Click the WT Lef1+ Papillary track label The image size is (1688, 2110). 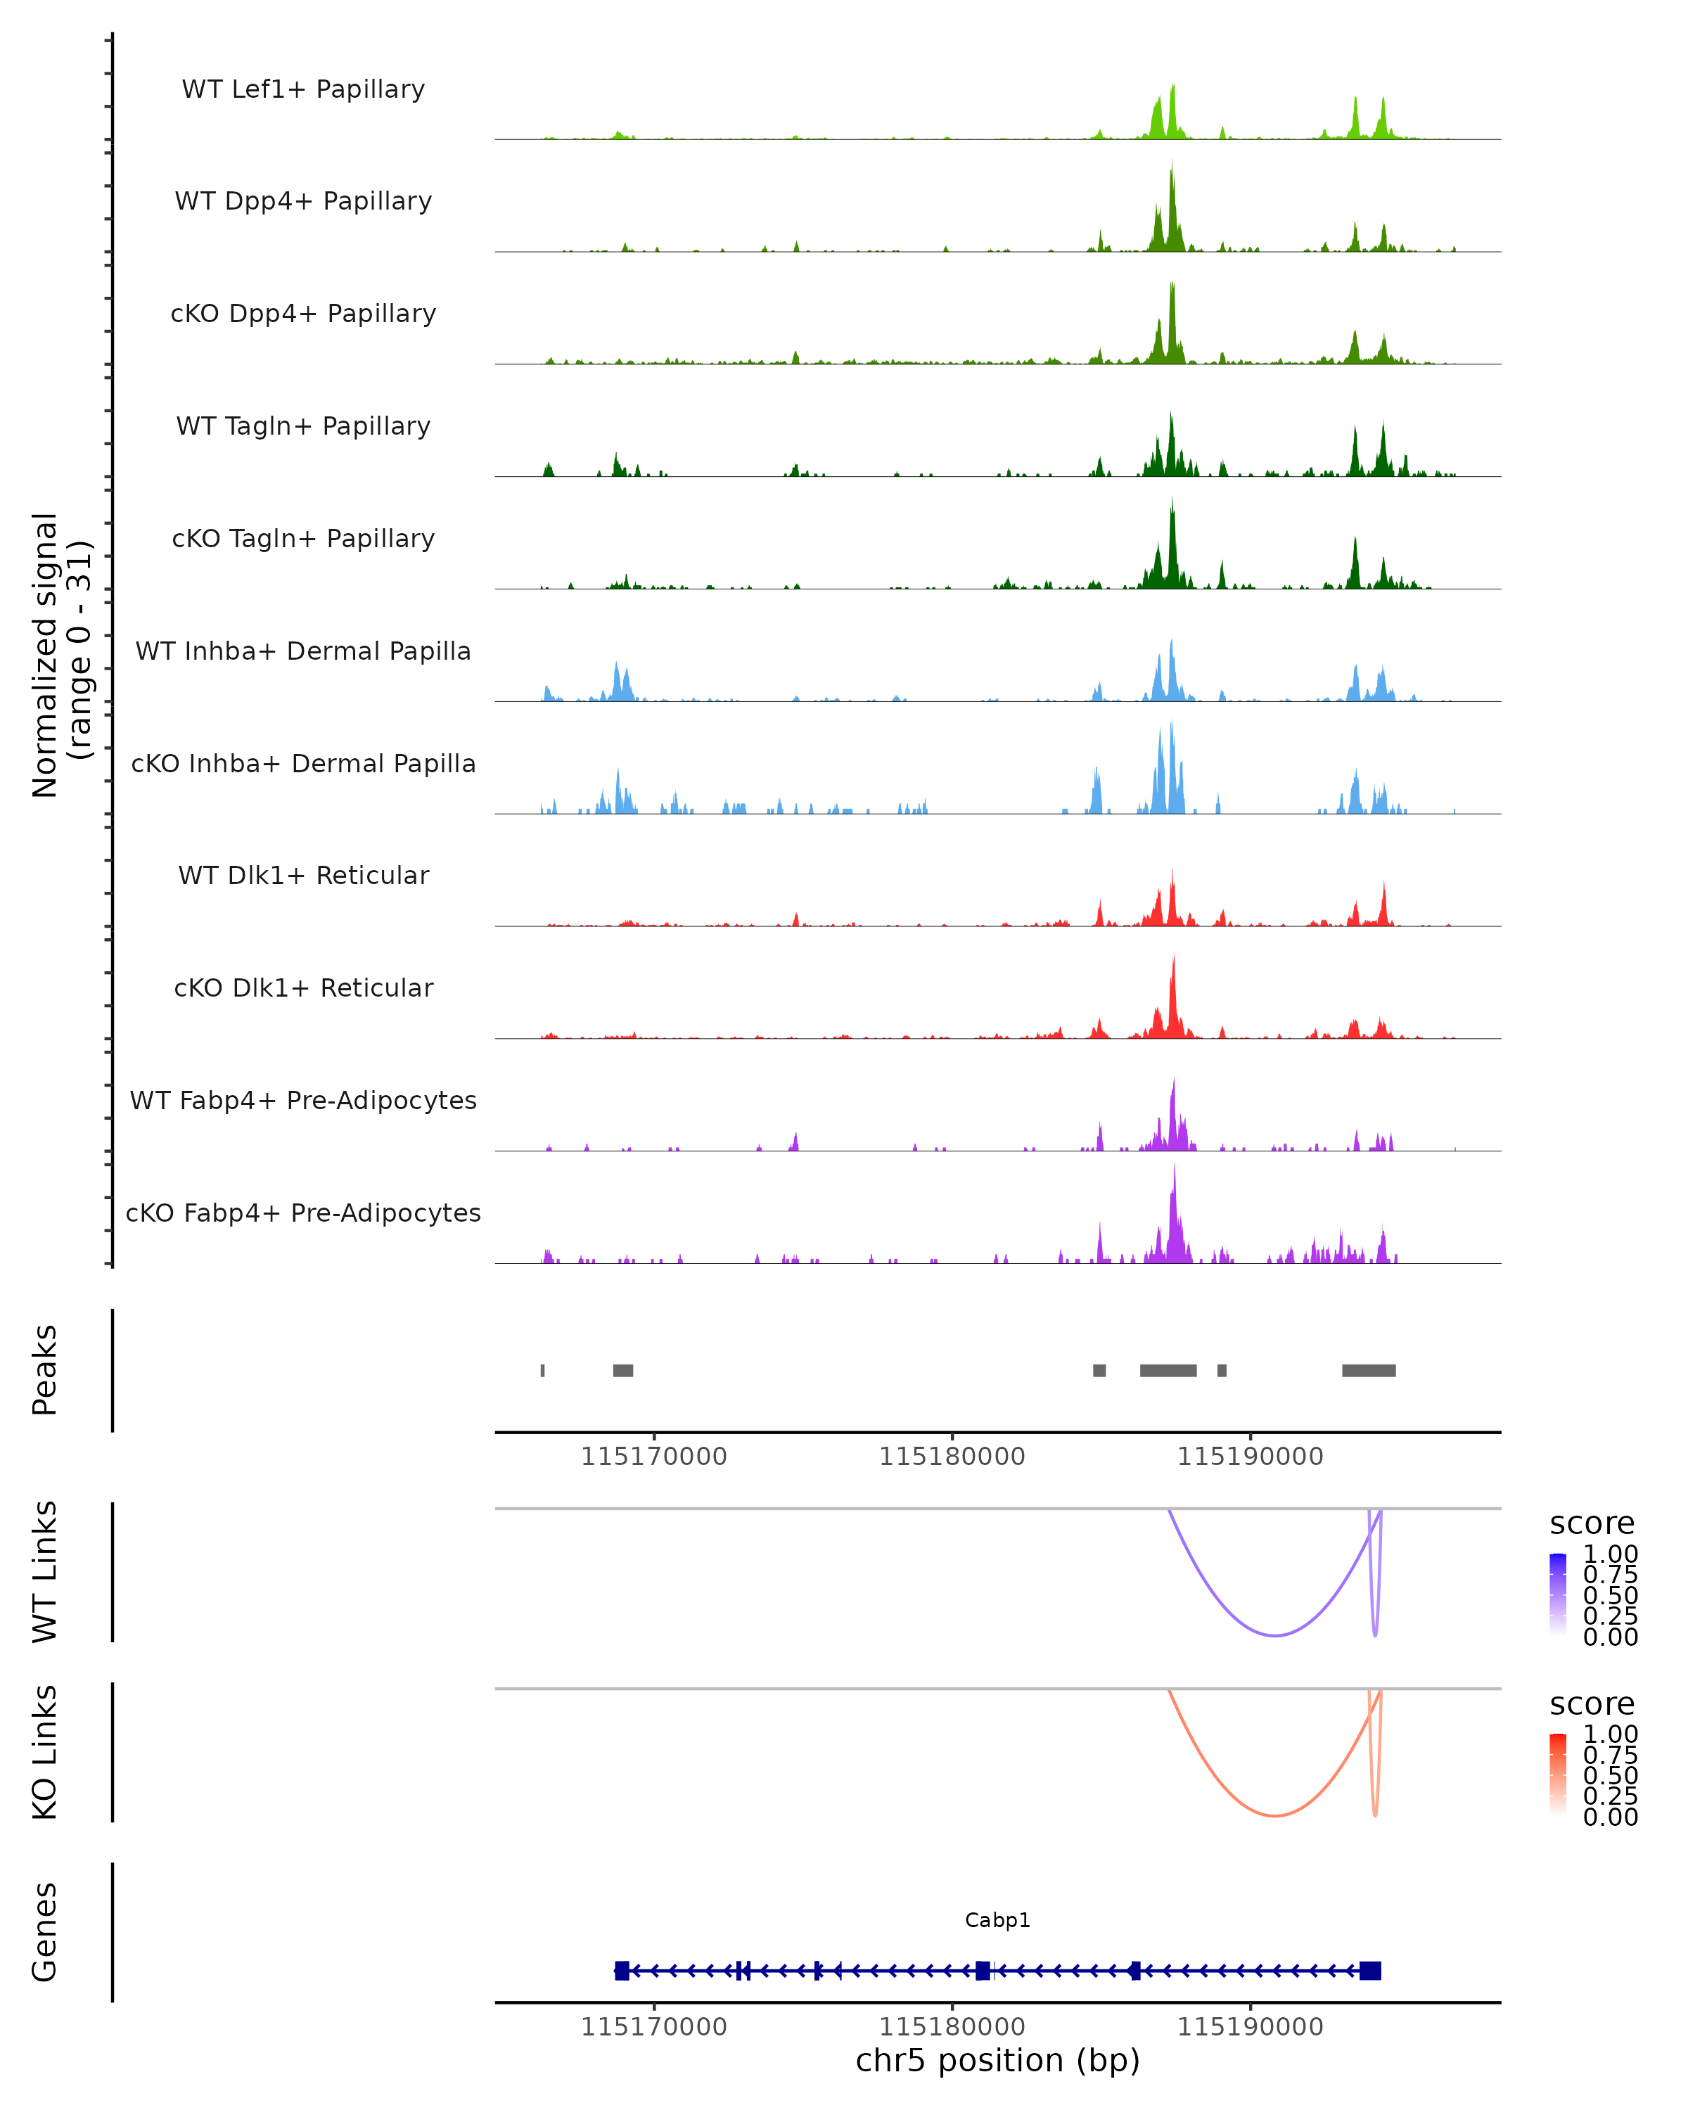pyautogui.click(x=303, y=89)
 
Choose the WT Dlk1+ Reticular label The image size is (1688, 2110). pyautogui.click(x=303, y=875)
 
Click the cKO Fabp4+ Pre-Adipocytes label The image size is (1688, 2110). pyautogui.click(x=303, y=1213)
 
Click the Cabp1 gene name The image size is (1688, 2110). pyautogui.click(x=997, y=1920)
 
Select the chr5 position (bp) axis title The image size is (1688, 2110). pyautogui.click(x=997, y=2060)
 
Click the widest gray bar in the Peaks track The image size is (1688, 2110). pyautogui.click(x=1168, y=1370)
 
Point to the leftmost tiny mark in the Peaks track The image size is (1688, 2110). pyautogui.click(x=542, y=1370)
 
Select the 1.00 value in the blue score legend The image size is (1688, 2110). pyautogui.click(x=1610, y=1554)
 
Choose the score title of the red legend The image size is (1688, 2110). pyautogui.click(x=1591, y=1704)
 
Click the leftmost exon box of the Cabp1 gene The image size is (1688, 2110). pyautogui.click(x=621, y=1971)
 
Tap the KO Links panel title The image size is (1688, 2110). pyautogui.click(x=45, y=1752)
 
